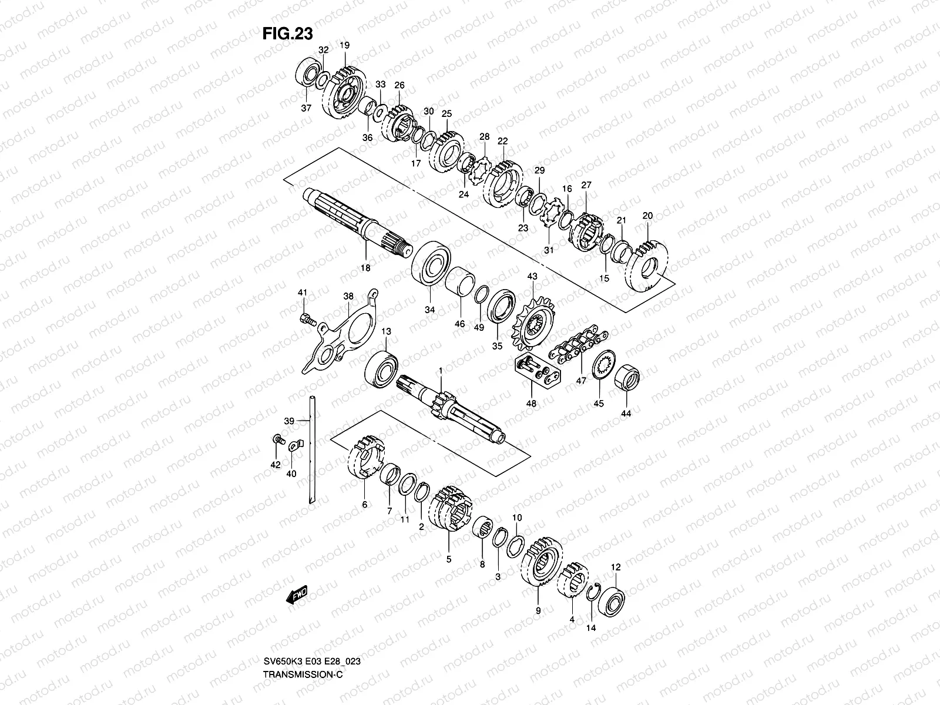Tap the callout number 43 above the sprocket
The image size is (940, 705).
coord(532,277)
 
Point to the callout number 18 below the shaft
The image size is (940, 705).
coord(365,268)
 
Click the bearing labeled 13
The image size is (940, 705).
coord(382,367)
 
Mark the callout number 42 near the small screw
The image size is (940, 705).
coord(275,465)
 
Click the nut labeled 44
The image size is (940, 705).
coord(627,377)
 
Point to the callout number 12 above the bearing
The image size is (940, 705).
coord(616,567)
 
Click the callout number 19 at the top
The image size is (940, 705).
coord(345,45)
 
